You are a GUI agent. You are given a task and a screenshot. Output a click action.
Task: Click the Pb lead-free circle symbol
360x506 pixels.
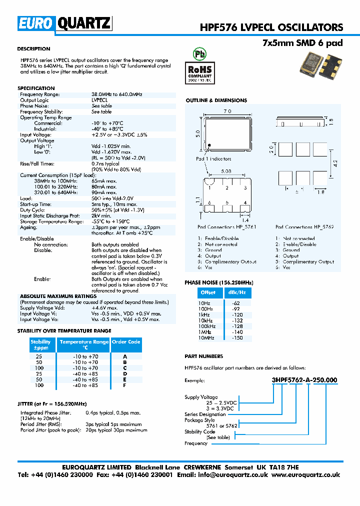tap(199, 54)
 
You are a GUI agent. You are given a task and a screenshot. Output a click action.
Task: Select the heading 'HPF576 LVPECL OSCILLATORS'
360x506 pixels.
tap(285, 27)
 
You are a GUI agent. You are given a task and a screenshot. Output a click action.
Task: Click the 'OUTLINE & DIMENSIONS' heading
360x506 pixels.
tap(216, 100)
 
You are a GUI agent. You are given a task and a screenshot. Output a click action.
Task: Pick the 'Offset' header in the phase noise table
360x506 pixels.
tap(208, 292)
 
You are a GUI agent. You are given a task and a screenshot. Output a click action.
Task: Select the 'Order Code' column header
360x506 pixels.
tap(125, 342)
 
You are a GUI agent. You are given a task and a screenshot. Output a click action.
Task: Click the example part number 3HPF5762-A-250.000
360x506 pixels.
tap(304, 380)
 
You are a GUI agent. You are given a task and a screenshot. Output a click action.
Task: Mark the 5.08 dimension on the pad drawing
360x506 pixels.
tap(227, 170)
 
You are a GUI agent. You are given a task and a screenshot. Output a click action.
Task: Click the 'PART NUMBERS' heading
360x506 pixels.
tap(203, 356)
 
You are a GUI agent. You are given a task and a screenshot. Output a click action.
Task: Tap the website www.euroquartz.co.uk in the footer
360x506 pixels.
tap(306, 475)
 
